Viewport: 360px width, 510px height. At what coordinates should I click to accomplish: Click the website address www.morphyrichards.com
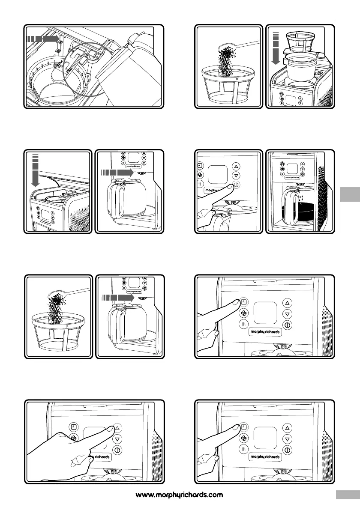pyautogui.click(x=179, y=495)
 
